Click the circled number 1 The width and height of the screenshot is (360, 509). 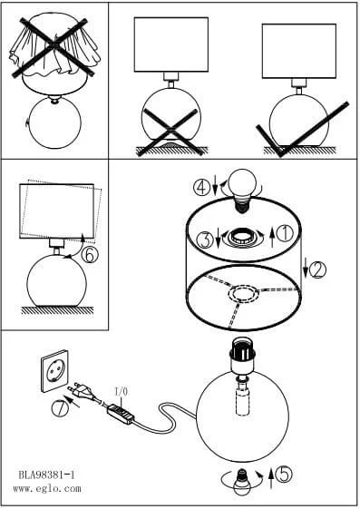[286, 233]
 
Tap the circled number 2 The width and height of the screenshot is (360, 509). [317, 270]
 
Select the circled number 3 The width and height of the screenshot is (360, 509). [206, 240]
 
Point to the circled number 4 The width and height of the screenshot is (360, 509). [202, 187]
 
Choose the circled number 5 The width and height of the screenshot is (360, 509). [284, 475]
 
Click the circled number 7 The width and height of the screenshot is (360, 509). [60, 407]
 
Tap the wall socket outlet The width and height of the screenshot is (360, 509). [54, 371]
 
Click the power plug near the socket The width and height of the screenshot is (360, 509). [83, 393]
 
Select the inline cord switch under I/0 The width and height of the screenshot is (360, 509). [121, 414]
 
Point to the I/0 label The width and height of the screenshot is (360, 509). [122, 392]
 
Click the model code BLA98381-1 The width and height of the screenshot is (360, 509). [47, 475]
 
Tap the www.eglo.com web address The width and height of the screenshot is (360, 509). [47, 488]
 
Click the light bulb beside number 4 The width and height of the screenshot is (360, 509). [241, 191]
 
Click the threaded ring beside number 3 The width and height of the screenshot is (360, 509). [241, 239]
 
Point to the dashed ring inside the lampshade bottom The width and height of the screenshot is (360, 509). [244, 294]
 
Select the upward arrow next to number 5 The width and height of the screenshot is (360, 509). [271, 478]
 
